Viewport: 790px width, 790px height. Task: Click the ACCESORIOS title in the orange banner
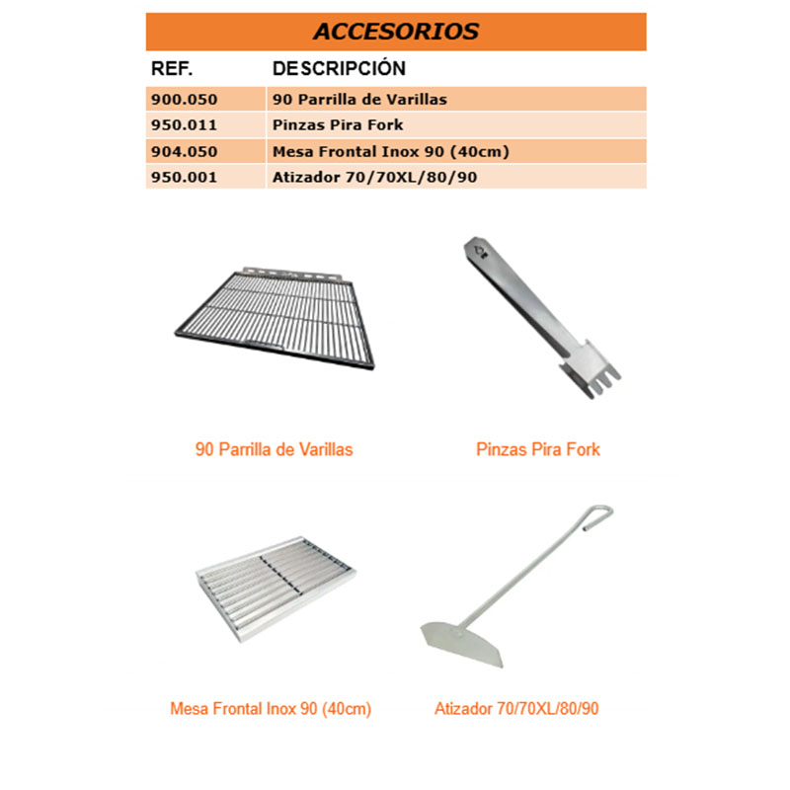pyautogui.click(x=395, y=31)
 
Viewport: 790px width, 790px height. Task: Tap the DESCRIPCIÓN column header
pyautogui.click(x=339, y=69)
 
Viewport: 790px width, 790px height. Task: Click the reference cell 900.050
pyautogui.click(x=184, y=100)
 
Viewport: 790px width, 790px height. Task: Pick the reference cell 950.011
pyautogui.click(x=184, y=125)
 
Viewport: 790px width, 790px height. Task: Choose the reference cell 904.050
pyautogui.click(x=184, y=152)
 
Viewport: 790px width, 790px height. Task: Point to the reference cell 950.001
pyautogui.click(x=184, y=178)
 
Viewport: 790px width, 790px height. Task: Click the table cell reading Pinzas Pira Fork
pyautogui.click(x=338, y=125)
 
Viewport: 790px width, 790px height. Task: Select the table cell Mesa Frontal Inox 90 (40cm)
pyautogui.click(x=376, y=152)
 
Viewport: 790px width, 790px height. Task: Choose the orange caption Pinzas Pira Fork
pyautogui.click(x=537, y=449)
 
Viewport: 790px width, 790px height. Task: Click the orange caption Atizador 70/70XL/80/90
pyautogui.click(x=516, y=709)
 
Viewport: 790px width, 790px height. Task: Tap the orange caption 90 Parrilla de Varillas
pyautogui.click(x=275, y=449)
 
